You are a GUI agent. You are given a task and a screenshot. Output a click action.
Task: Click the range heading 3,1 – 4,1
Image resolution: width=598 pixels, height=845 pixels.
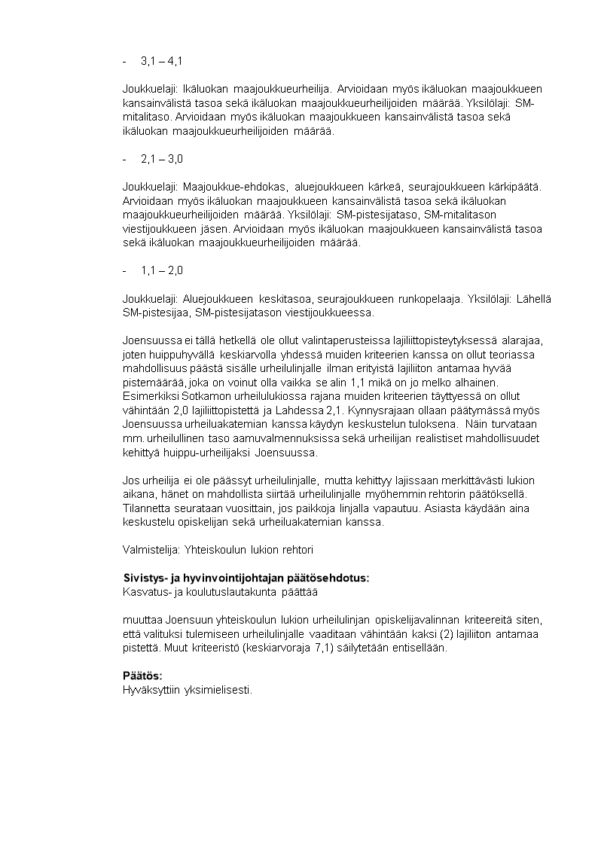[161, 60]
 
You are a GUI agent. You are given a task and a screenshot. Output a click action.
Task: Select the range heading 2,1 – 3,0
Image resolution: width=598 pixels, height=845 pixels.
[161, 159]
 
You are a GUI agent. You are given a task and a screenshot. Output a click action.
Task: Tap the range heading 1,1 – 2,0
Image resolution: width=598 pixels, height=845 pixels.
[161, 270]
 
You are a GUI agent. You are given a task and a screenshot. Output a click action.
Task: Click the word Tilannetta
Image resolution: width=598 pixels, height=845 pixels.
[147, 508]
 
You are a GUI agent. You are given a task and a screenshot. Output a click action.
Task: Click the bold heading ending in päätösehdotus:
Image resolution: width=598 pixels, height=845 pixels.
[246, 578]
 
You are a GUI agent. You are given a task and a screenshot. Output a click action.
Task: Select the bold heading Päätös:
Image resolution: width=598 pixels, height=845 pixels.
[142, 676]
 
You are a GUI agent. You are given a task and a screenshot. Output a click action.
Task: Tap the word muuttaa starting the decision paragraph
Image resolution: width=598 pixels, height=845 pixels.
[141, 620]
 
